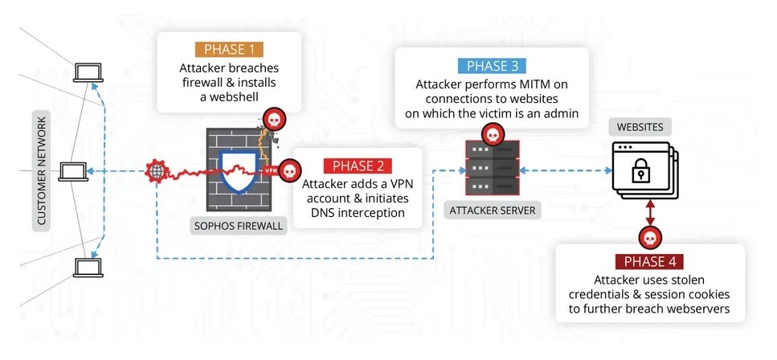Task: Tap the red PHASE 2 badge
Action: [x=357, y=166]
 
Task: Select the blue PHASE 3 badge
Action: [x=492, y=66]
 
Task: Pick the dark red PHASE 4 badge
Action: [x=649, y=262]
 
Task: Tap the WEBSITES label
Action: [x=640, y=127]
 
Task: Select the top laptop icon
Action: [x=84, y=73]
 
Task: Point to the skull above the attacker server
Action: [x=490, y=133]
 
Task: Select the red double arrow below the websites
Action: [x=648, y=212]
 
